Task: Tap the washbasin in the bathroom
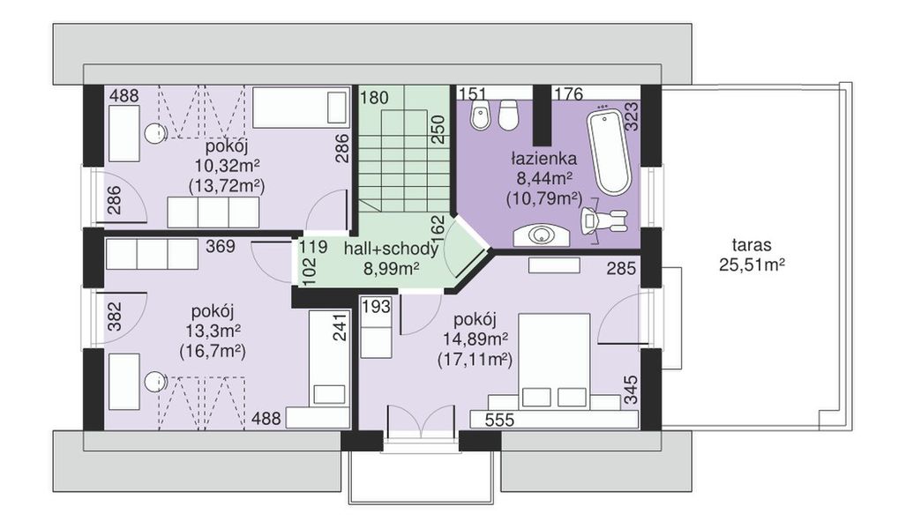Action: pos(542,235)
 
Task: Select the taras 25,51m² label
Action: pos(752,255)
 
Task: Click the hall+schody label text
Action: pos(391,249)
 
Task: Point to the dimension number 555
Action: pos(499,420)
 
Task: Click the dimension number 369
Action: pos(221,247)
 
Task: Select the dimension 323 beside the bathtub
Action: pos(632,116)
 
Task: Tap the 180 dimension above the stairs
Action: pos(374,98)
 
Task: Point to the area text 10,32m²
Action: pos(227,167)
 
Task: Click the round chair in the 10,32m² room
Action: pos(156,134)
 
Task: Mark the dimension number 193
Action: pos(377,306)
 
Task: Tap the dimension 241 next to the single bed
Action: pos(341,327)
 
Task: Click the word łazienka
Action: pos(543,158)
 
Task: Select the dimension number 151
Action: pos(471,93)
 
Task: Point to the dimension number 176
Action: pos(568,93)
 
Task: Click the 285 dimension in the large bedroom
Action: pos(621,269)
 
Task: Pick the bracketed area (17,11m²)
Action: pos(475,360)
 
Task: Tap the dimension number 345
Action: pos(632,390)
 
